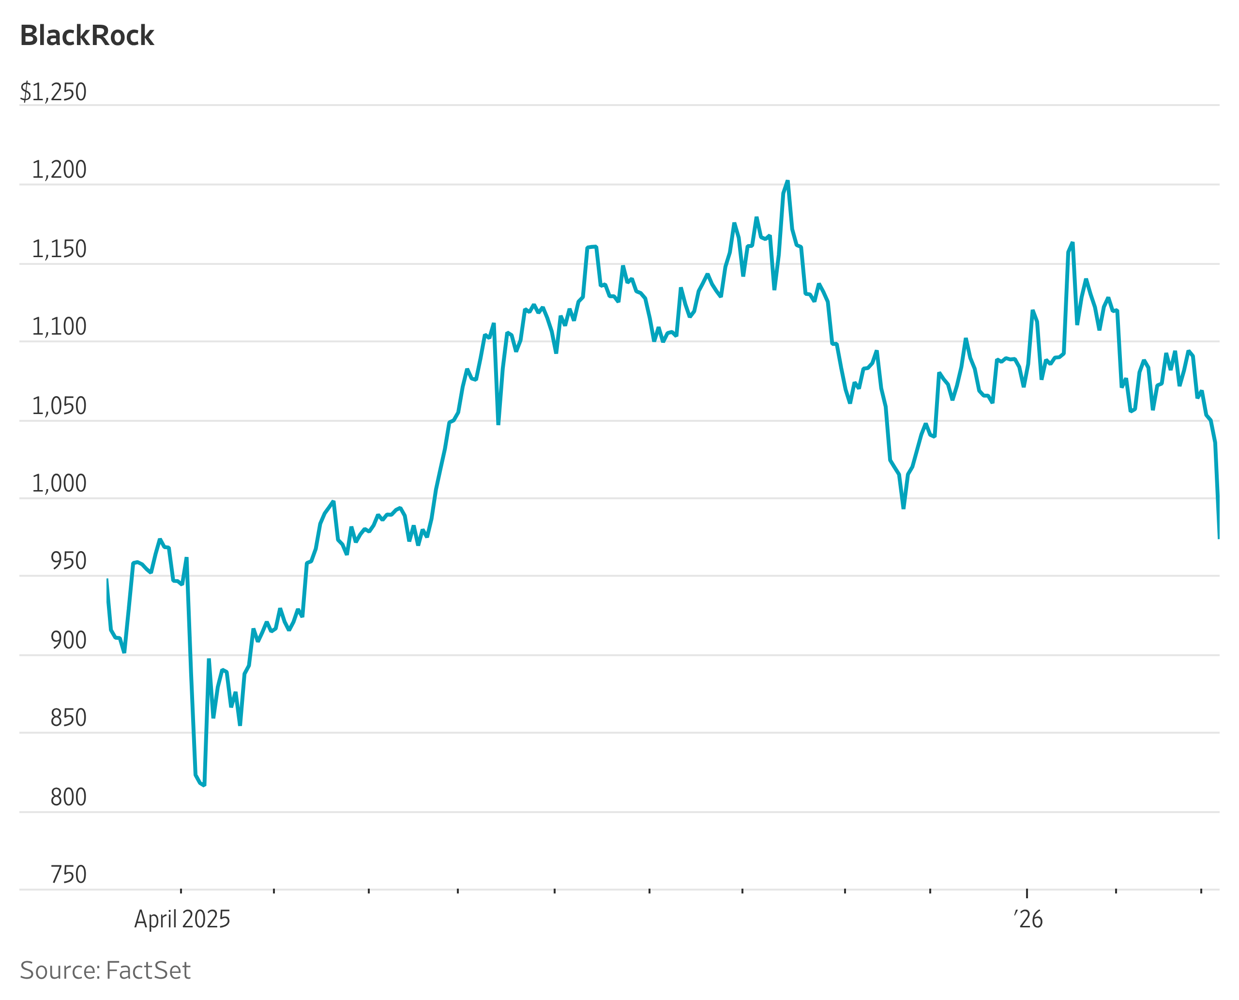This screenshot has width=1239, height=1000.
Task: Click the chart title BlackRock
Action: click(87, 36)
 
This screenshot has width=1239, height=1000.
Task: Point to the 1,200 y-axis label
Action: click(59, 170)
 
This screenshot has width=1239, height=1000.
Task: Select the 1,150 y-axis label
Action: click(59, 249)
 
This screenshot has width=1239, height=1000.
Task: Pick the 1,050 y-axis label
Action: click(59, 406)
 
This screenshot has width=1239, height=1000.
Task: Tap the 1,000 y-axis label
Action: click(59, 483)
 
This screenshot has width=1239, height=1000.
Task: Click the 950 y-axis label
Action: click(69, 561)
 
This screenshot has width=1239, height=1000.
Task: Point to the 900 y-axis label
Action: click(69, 641)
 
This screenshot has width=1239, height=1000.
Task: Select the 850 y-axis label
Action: click(69, 718)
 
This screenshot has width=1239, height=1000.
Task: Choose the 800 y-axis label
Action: click(69, 797)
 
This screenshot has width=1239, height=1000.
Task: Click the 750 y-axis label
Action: click(69, 875)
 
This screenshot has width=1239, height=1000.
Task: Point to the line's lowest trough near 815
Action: click(204, 785)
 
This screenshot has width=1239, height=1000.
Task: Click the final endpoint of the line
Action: click(1218, 538)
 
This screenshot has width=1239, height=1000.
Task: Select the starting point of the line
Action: click(107, 579)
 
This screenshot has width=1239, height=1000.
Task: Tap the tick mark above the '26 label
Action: click(1027, 893)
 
